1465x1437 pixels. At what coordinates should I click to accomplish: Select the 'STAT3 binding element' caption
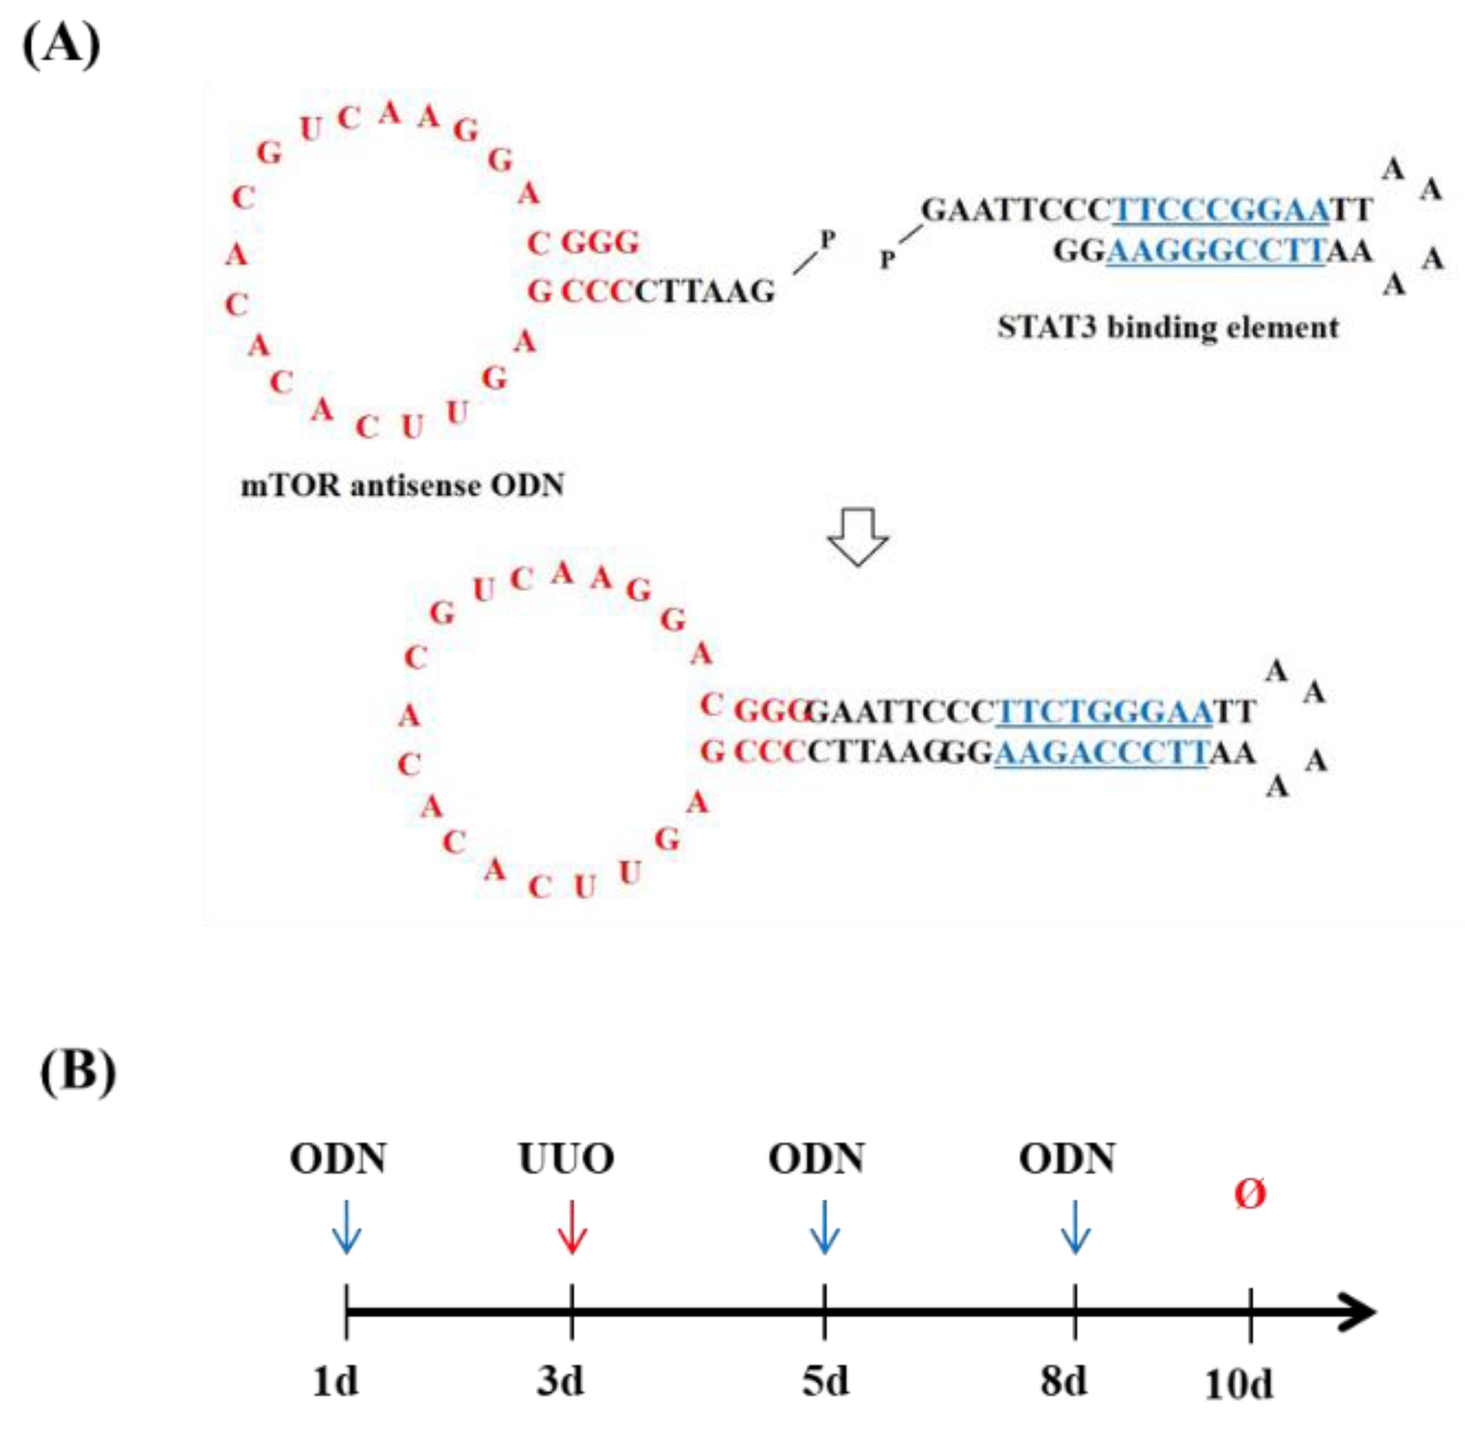(x=1168, y=327)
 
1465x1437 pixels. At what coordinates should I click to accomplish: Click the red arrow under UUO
(x=572, y=1227)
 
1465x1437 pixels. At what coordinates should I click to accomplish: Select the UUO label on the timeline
(x=567, y=1159)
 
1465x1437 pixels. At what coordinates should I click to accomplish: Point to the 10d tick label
(x=1239, y=1384)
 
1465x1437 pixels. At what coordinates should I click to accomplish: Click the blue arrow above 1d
(x=346, y=1227)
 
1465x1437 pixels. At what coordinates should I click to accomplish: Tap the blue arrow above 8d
(x=1075, y=1227)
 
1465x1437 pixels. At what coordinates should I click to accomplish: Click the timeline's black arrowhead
(x=1358, y=1313)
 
